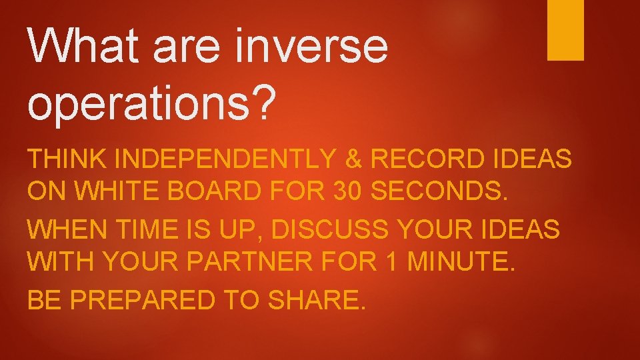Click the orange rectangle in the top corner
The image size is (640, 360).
565,30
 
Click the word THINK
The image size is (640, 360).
66,160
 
